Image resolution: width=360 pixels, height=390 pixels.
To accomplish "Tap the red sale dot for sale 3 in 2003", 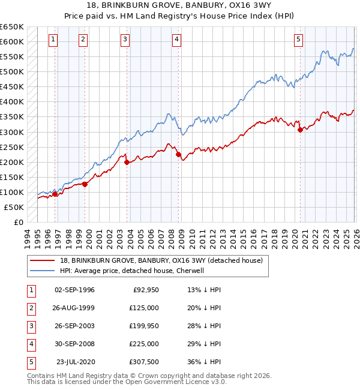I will coord(127,162).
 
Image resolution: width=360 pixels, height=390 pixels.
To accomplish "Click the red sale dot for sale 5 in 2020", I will coord(300,130).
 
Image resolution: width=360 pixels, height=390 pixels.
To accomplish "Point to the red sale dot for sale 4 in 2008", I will coord(178,154).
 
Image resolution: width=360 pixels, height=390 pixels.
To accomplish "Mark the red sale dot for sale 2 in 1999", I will coord(85,184).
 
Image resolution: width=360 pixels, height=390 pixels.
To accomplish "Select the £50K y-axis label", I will coord(14,207).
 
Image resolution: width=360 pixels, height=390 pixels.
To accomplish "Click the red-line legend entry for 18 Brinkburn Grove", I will coord(161,260).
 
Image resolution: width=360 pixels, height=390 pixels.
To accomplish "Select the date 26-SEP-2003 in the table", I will coord(74,326).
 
